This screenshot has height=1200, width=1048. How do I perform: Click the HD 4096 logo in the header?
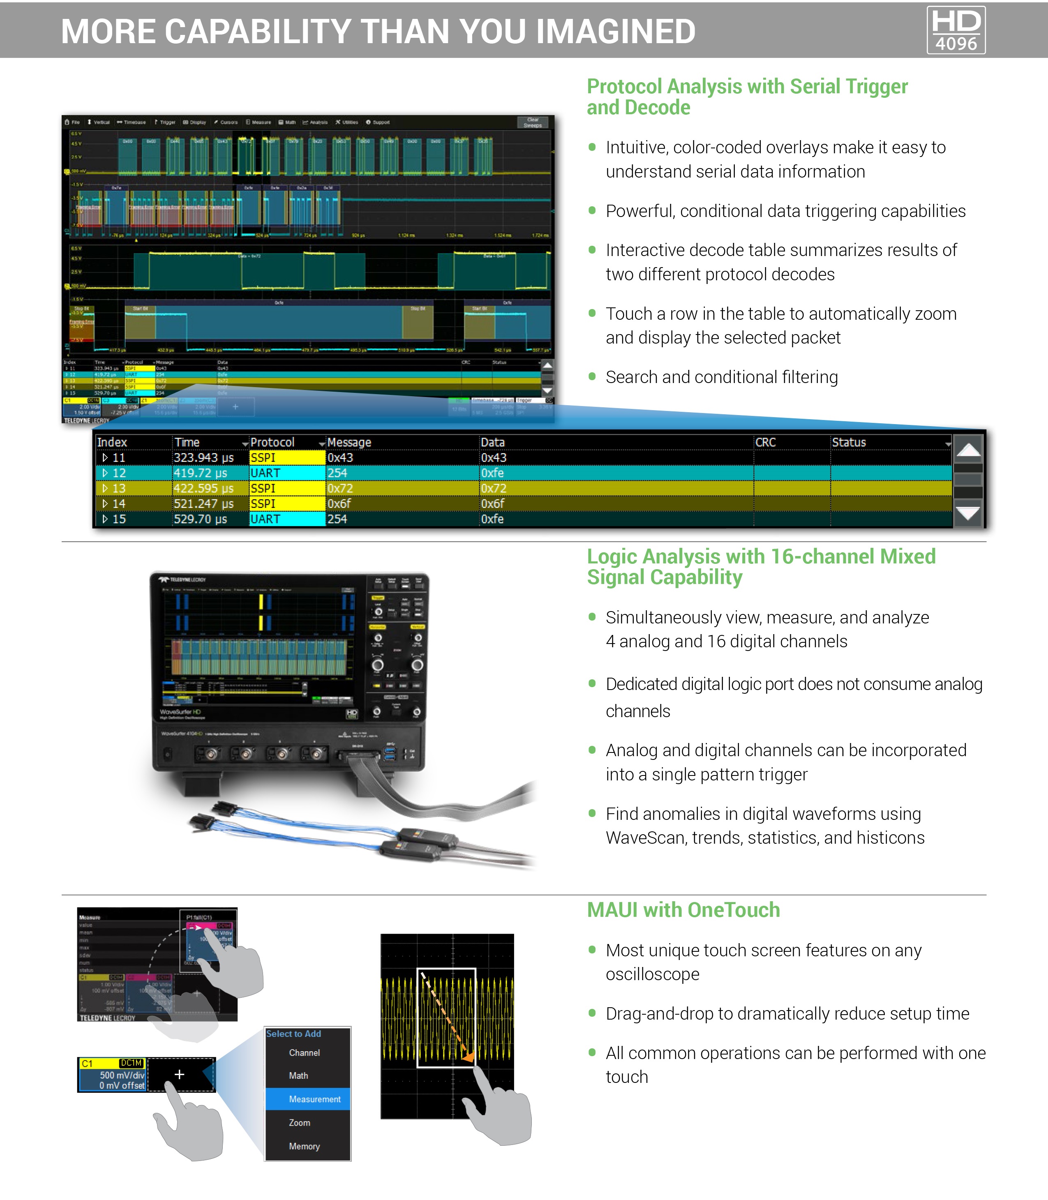pos(956,30)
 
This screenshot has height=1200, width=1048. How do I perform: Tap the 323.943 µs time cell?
pos(203,458)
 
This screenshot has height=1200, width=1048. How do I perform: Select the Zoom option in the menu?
pos(300,1123)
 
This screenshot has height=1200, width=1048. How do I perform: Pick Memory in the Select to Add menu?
pos(304,1146)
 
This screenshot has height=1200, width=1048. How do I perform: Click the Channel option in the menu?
pos(304,1052)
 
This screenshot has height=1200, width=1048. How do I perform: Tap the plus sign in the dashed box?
pos(180,1074)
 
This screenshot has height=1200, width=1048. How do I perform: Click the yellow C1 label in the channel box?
pos(87,1063)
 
